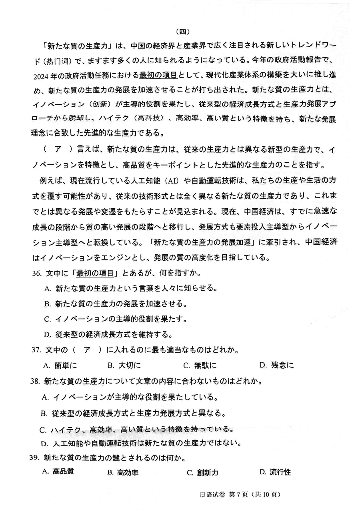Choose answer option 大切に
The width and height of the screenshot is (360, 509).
tap(125, 365)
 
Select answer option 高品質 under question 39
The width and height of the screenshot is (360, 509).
tap(58, 472)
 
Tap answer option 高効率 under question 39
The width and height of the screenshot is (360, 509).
tap(123, 473)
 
